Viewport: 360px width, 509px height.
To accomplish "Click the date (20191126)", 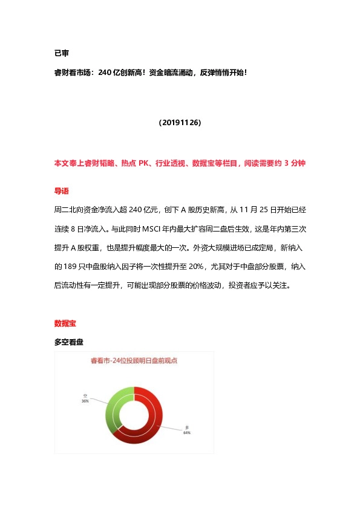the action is (x=180, y=123).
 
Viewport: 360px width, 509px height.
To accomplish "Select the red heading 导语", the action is (x=62, y=191).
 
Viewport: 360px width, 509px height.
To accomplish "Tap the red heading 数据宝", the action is (x=65, y=324).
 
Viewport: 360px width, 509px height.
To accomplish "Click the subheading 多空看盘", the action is (x=68, y=342).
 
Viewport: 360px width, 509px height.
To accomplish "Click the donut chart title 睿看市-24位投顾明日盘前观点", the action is (x=134, y=361).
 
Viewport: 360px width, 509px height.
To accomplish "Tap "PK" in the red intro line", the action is (x=144, y=164).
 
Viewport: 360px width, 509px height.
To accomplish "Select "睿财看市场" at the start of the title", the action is (x=72, y=73).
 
